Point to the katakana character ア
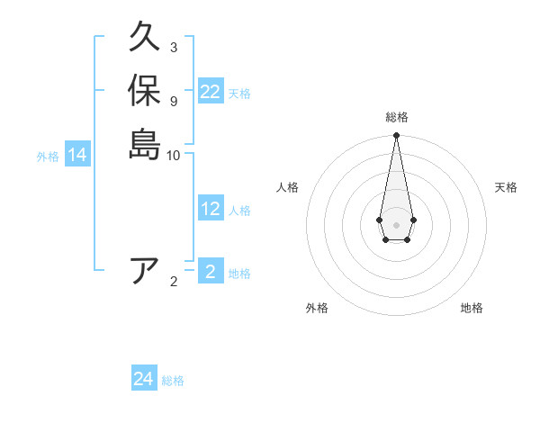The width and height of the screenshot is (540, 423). click(144, 271)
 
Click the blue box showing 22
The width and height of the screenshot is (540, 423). click(210, 92)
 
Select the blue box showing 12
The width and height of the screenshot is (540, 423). click(210, 209)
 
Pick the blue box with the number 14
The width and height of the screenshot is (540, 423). click(77, 155)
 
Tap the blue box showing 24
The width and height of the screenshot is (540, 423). click(143, 379)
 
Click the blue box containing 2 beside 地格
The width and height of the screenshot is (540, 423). click(210, 272)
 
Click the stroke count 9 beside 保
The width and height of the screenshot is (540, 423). click(173, 101)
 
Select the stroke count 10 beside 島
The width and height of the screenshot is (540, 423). click(173, 155)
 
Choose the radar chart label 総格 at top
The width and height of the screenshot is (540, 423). click(396, 117)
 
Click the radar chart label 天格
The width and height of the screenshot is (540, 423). click(506, 187)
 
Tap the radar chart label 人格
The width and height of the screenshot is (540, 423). click(287, 187)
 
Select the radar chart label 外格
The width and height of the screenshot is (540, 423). click(317, 308)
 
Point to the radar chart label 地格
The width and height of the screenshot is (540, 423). click(472, 308)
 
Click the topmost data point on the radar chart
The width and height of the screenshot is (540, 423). click(396, 136)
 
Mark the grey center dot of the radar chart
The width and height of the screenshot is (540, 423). click(396, 224)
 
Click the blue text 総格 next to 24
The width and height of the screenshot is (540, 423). click(173, 381)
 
